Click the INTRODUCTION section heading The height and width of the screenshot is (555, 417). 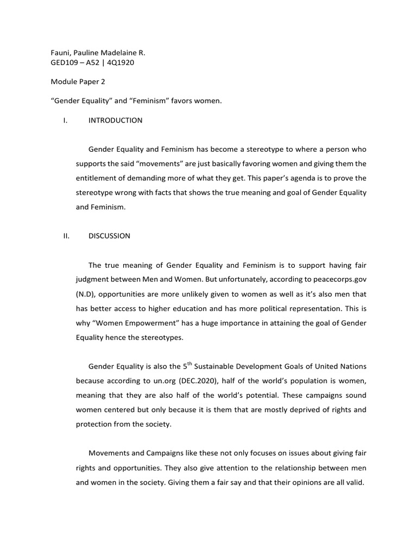[x=115, y=120]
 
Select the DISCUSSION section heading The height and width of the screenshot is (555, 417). [x=109, y=236]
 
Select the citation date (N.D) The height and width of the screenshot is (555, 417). [x=86, y=293]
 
